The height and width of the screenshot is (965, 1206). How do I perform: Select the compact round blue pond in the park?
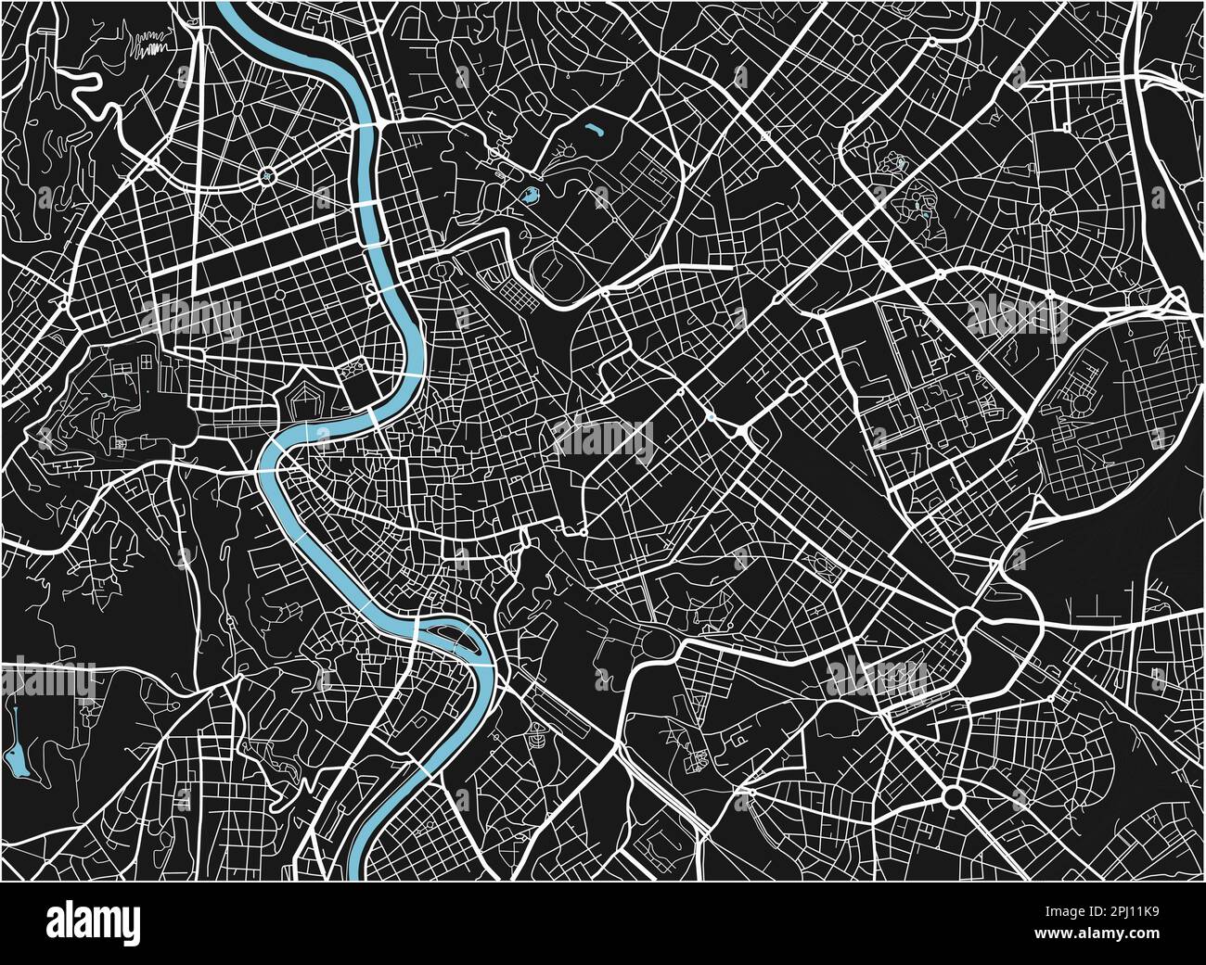point(530,196)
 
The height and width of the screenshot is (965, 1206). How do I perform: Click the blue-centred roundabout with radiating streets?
point(268,174)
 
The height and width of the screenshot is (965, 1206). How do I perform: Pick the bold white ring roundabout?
point(953,795)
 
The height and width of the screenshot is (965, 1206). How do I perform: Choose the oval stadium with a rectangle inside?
point(555,270)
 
